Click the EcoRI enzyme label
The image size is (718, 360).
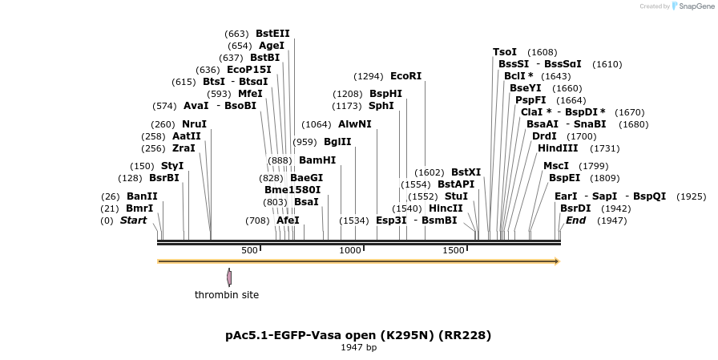[405, 76]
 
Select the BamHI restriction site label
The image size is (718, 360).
[317, 160]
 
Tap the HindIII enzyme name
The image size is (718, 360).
[558, 148]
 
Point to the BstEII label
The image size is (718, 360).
[272, 34]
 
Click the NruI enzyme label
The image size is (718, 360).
[194, 124]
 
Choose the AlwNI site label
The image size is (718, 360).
[355, 124]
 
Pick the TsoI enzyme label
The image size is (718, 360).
[505, 52]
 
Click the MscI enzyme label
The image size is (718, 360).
[556, 166]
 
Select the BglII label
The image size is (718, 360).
[338, 142]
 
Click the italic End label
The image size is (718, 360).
[575, 220]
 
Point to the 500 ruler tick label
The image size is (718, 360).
[249, 250]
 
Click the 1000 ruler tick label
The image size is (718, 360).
[351, 250]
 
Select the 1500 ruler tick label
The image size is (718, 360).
[454, 250]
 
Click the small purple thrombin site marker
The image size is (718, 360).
[228, 277]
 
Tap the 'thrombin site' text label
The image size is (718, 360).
[227, 295]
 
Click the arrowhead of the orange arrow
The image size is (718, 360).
[555, 261]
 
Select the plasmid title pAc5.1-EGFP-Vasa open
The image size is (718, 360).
[358, 334]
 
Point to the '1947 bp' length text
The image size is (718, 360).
[358, 347]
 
